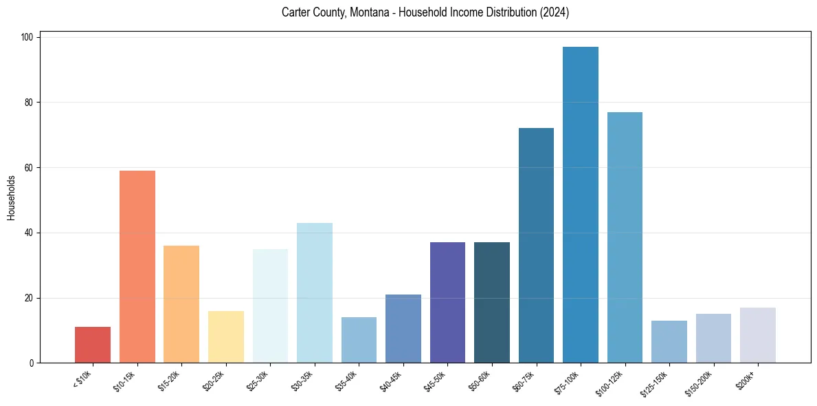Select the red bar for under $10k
(x=93, y=345)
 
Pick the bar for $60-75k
(x=536, y=245)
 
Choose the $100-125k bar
(x=625, y=237)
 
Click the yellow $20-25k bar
(x=226, y=336)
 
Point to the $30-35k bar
(x=315, y=292)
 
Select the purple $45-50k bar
(x=447, y=302)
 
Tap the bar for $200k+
(x=758, y=335)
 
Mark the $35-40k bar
(x=359, y=340)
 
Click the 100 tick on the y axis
(x=29, y=37)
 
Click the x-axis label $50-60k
(x=479, y=379)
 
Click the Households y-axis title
(x=12, y=197)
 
